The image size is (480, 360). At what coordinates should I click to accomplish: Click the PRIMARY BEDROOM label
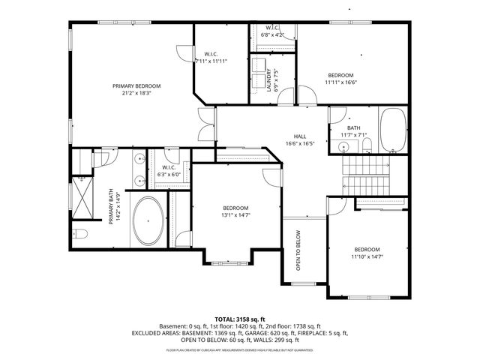point(136,86)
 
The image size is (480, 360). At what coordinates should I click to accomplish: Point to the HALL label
point(300,136)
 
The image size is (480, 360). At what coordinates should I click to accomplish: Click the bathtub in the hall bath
point(393,130)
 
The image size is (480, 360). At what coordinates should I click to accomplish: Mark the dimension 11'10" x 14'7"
point(367,256)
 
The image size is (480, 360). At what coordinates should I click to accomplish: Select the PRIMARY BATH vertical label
point(113,205)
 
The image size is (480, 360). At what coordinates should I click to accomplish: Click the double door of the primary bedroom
point(204,123)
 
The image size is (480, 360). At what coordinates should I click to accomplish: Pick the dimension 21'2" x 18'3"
point(136,94)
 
